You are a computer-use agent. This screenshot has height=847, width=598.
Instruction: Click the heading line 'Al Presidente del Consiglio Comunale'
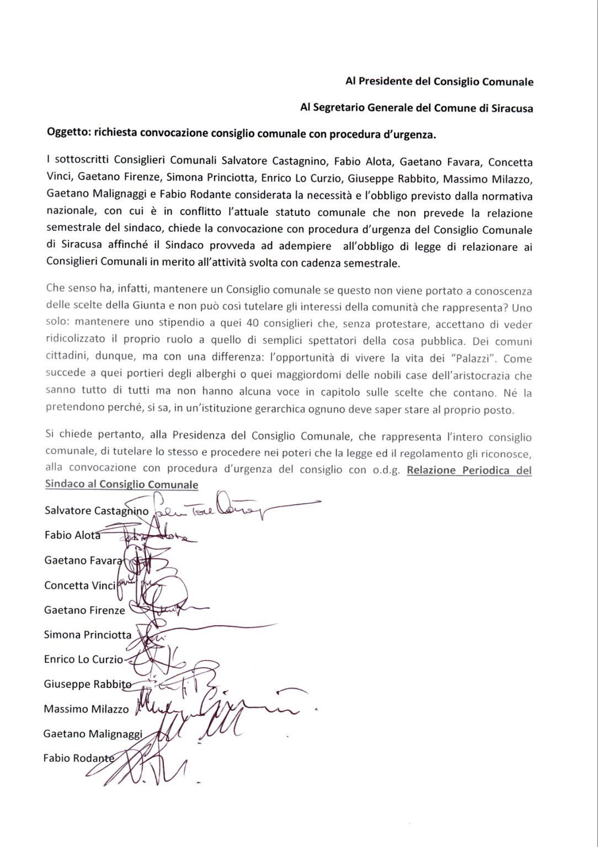tap(439, 82)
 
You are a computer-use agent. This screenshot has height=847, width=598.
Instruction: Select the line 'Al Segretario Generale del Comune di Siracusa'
tap(417, 108)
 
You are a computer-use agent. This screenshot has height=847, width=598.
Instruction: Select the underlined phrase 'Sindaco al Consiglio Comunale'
tap(121, 484)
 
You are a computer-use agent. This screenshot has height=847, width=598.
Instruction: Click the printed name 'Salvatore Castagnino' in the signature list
tap(97, 510)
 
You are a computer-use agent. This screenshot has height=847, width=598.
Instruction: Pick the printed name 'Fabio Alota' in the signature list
tap(72, 535)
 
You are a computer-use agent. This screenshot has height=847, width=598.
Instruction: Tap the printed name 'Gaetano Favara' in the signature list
tap(83, 560)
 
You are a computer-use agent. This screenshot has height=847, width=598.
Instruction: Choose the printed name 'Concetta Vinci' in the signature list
tap(79, 585)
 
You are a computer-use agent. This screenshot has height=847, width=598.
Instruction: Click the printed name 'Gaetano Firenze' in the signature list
tap(84, 610)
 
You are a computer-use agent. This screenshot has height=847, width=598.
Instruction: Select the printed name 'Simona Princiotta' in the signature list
tap(88, 635)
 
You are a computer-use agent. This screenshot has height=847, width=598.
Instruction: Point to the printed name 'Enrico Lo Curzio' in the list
tap(83, 659)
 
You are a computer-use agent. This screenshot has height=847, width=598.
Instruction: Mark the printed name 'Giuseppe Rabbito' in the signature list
tap(88, 684)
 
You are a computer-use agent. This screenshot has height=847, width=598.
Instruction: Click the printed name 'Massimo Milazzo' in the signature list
tap(86, 709)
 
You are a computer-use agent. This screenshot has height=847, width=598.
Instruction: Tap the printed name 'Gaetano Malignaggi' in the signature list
tap(93, 733)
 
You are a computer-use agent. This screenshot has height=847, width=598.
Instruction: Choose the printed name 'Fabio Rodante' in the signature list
tap(79, 758)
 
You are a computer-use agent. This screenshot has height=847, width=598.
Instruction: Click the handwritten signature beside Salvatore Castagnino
tap(232, 508)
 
